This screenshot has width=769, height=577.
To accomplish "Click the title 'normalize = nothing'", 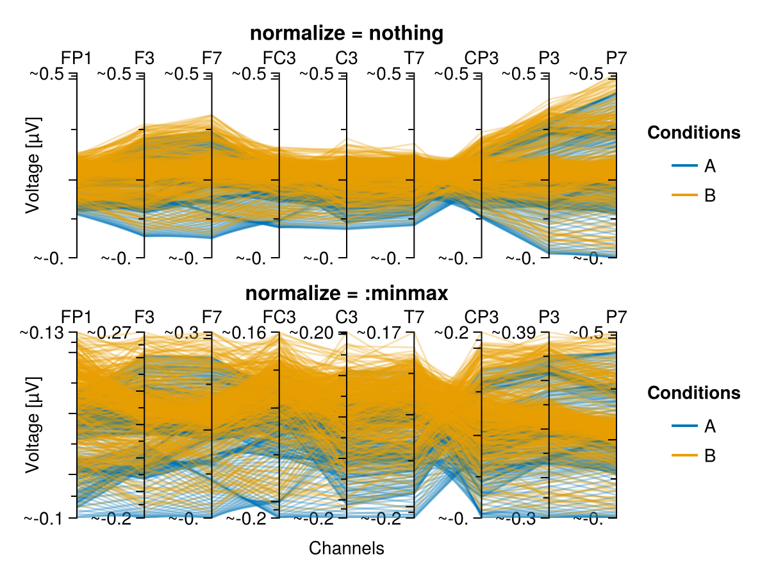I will (x=347, y=34).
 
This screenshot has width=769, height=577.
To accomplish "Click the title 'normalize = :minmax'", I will (x=347, y=294).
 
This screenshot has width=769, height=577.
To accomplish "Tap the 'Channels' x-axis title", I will (x=347, y=549).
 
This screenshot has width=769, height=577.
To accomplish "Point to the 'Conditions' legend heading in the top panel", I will (x=694, y=133).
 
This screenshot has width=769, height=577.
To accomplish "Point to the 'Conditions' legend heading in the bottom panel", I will (x=694, y=392).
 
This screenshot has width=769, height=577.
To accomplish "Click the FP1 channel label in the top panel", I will (x=76, y=58).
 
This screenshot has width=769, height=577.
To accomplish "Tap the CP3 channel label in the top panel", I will (x=481, y=58).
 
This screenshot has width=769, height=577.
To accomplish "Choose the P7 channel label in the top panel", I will (x=616, y=58).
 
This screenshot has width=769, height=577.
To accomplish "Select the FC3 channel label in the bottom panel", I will (x=279, y=317).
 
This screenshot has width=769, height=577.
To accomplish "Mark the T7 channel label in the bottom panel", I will (x=414, y=317).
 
